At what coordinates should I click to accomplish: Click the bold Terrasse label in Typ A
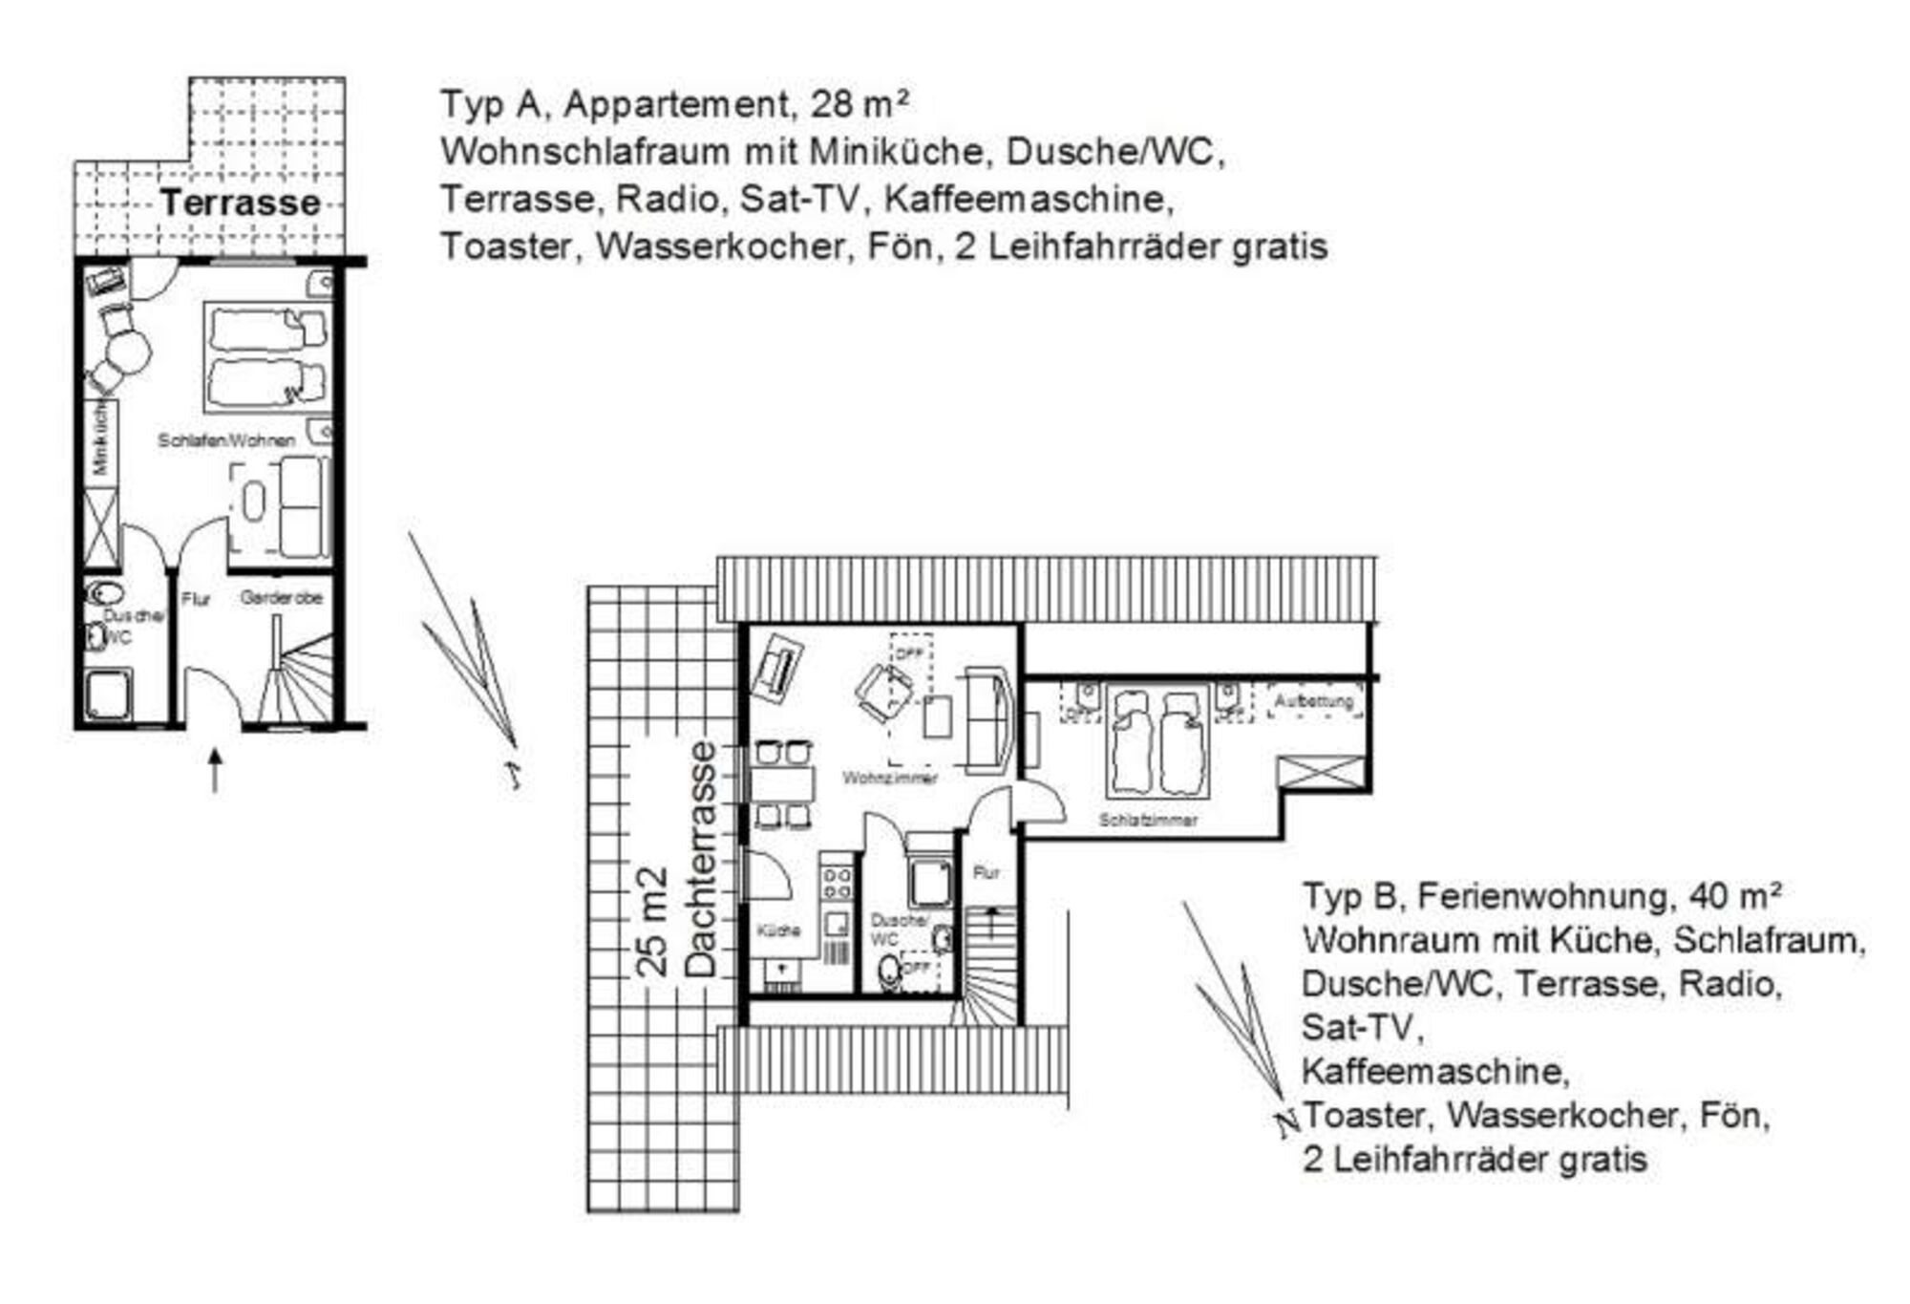point(240,203)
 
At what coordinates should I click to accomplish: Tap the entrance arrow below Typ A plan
point(215,770)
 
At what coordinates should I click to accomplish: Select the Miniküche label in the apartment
point(99,440)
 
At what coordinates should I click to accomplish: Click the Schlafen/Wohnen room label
point(226,440)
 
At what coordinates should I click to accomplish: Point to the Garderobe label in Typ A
point(281,598)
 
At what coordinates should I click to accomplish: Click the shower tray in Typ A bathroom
point(108,694)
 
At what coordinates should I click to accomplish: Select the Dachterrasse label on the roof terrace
point(702,860)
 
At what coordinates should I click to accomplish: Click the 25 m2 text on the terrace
point(653,922)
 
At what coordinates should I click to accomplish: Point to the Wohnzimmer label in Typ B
point(889,778)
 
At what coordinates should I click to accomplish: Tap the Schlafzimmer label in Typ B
point(1147,821)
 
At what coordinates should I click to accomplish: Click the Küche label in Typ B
point(778,930)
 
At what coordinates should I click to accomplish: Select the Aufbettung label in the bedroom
point(1314,702)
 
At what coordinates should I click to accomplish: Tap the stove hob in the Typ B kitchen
point(837,884)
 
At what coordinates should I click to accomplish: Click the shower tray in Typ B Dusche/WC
point(929,883)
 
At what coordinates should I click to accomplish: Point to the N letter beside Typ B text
point(1286,1123)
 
